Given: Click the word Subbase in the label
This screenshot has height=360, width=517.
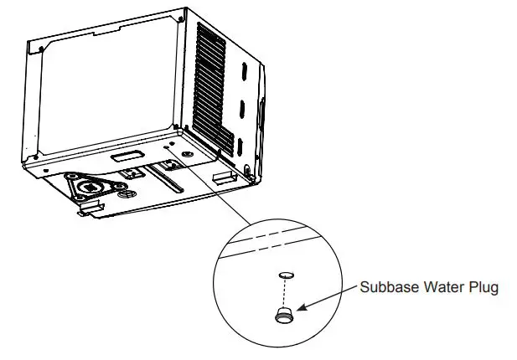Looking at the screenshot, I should (x=388, y=288).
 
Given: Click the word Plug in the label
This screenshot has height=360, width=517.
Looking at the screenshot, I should (x=484, y=288).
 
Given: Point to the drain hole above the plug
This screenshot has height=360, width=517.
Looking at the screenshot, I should (x=285, y=274).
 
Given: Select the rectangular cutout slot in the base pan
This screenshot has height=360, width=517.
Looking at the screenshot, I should (x=125, y=157).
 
